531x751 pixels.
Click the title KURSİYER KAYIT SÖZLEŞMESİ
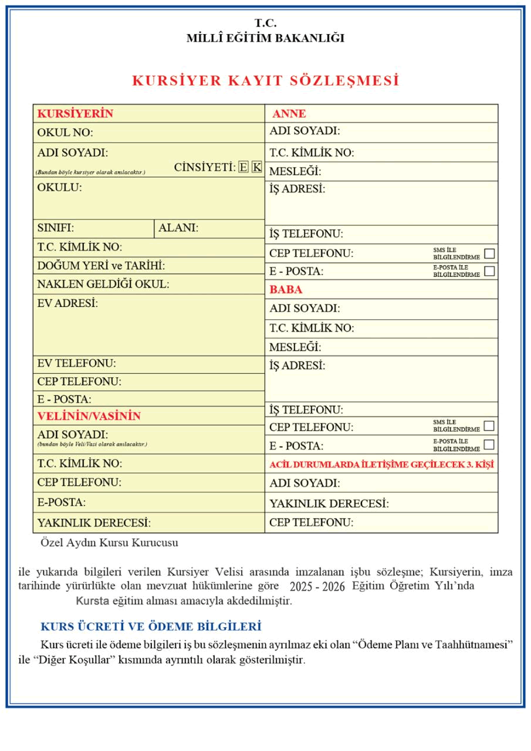(x=266, y=81)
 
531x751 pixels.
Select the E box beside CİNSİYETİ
(x=243, y=167)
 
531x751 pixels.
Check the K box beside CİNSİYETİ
(x=257, y=167)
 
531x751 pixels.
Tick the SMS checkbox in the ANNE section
(x=489, y=253)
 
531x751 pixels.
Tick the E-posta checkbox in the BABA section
(x=489, y=444)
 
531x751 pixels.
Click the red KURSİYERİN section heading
(x=75, y=113)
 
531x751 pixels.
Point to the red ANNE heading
(x=289, y=114)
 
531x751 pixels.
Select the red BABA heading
(x=286, y=290)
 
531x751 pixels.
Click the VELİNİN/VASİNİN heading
(x=89, y=416)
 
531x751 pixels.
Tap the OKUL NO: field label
(x=65, y=133)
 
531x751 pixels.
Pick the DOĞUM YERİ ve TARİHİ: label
(x=101, y=265)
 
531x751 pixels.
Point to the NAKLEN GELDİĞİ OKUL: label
(x=103, y=284)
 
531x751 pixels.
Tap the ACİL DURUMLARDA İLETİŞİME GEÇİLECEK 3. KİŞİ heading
(x=381, y=465)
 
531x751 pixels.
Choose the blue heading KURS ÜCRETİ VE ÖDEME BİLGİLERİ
(x=151, y=626)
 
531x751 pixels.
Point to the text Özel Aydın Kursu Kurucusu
(x=109, y=543)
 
